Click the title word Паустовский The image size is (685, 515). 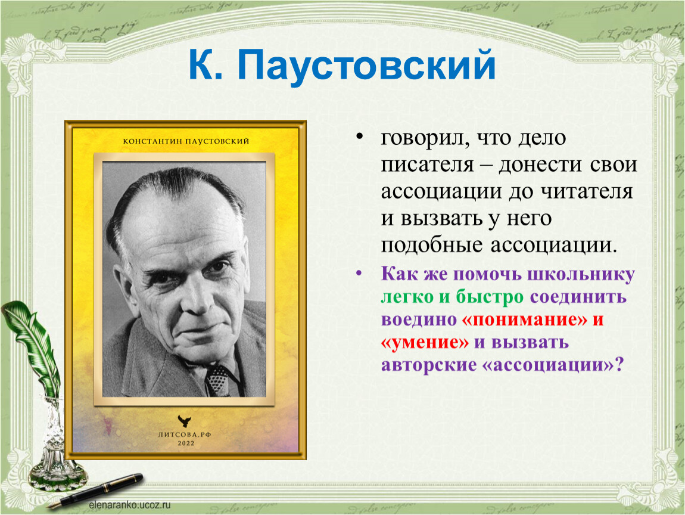click(x=366, y=66)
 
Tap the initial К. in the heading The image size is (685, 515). click(x=205, y=65)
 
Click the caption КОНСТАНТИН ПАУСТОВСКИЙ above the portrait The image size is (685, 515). click(x=186, y=141)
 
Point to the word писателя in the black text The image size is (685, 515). click(x=427, y=165)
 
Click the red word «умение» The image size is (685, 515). click(x=425, y=342)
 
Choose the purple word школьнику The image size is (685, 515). click(x=581, y=275)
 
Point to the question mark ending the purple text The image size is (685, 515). click(x=618, y=365)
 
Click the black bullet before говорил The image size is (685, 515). click(x=360, y=137)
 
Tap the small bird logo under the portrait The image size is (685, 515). click(x=185, y=421)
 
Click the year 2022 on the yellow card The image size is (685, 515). click(x=186, y=443)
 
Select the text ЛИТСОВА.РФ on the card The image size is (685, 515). click(x=185, y=435)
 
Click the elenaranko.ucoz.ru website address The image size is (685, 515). click(x=130, y=505)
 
